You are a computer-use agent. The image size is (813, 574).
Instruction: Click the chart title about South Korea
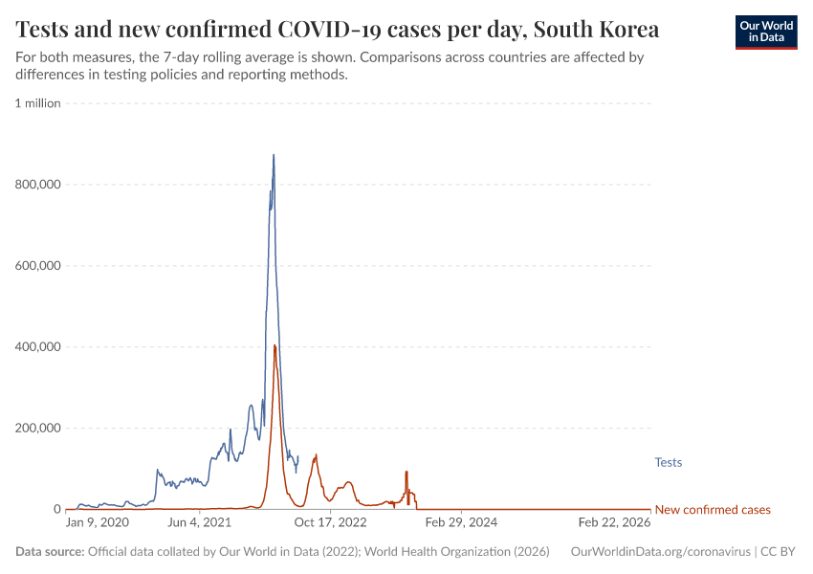coord(338,29)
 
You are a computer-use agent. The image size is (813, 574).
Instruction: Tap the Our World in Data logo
coord(765,32)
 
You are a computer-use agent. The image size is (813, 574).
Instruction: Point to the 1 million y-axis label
coord(38,103)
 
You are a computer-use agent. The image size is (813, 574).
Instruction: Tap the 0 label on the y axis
coord(56,510)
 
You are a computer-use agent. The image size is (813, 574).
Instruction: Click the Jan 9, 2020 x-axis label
coord(97,522)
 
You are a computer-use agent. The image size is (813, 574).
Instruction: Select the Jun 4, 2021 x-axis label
coord(199,522)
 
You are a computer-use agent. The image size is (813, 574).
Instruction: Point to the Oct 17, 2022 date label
coord(330,522)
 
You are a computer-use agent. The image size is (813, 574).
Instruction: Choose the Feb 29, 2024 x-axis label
coord(461,522)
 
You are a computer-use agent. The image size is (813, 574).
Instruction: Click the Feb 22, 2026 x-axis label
coord(614,522)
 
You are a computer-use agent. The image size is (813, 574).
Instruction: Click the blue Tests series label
coord(668,463)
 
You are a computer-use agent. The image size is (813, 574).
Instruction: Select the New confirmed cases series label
coord(712,510)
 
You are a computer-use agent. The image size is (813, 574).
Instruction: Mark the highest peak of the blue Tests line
coord(274,155)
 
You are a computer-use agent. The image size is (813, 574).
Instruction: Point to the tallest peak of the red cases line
coord(275,345)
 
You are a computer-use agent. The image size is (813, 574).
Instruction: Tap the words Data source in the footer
coord(50,552)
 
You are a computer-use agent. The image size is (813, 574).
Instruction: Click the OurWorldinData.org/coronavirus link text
coord(660,552)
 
